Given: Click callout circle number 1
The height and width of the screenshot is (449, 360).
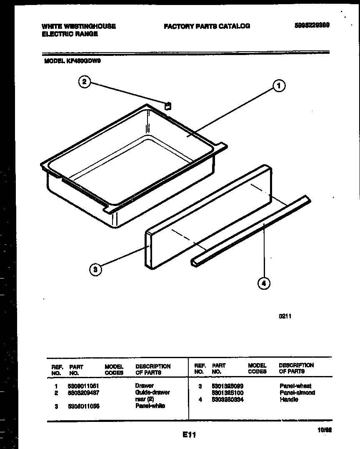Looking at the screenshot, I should click(x=279, y=86).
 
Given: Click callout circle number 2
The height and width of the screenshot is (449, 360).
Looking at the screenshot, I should click(x=85, y=82).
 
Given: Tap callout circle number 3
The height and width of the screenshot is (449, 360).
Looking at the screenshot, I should click(x=95, y=269).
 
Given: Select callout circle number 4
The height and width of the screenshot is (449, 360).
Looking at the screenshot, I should click(x=263, y=283).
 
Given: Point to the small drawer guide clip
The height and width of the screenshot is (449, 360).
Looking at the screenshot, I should click(x=167, y=106).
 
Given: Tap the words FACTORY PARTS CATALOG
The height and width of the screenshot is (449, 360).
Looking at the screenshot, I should click(x=207, y=26).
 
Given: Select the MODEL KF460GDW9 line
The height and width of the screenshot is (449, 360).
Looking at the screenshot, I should click(x=72, y=60).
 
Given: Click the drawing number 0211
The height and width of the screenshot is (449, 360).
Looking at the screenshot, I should click(x=285, y=316).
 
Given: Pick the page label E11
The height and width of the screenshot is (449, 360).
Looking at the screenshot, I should click(x=189, y=435).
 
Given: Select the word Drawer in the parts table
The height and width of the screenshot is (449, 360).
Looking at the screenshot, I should click(x=144, y=386).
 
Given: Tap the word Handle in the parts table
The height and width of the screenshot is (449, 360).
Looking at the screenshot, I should click(x=289, y=399).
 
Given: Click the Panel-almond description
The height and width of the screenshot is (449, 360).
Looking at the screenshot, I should click(x=297, y=393).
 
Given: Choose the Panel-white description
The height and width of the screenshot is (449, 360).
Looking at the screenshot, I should click(x=150, y=406).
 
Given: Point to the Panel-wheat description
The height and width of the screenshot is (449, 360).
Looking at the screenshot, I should click(x=295, y=386).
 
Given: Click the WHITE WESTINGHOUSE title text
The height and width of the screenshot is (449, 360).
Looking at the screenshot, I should click(x=79, y=26).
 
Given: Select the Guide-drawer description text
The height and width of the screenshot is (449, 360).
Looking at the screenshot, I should click(x=152, y=392).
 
